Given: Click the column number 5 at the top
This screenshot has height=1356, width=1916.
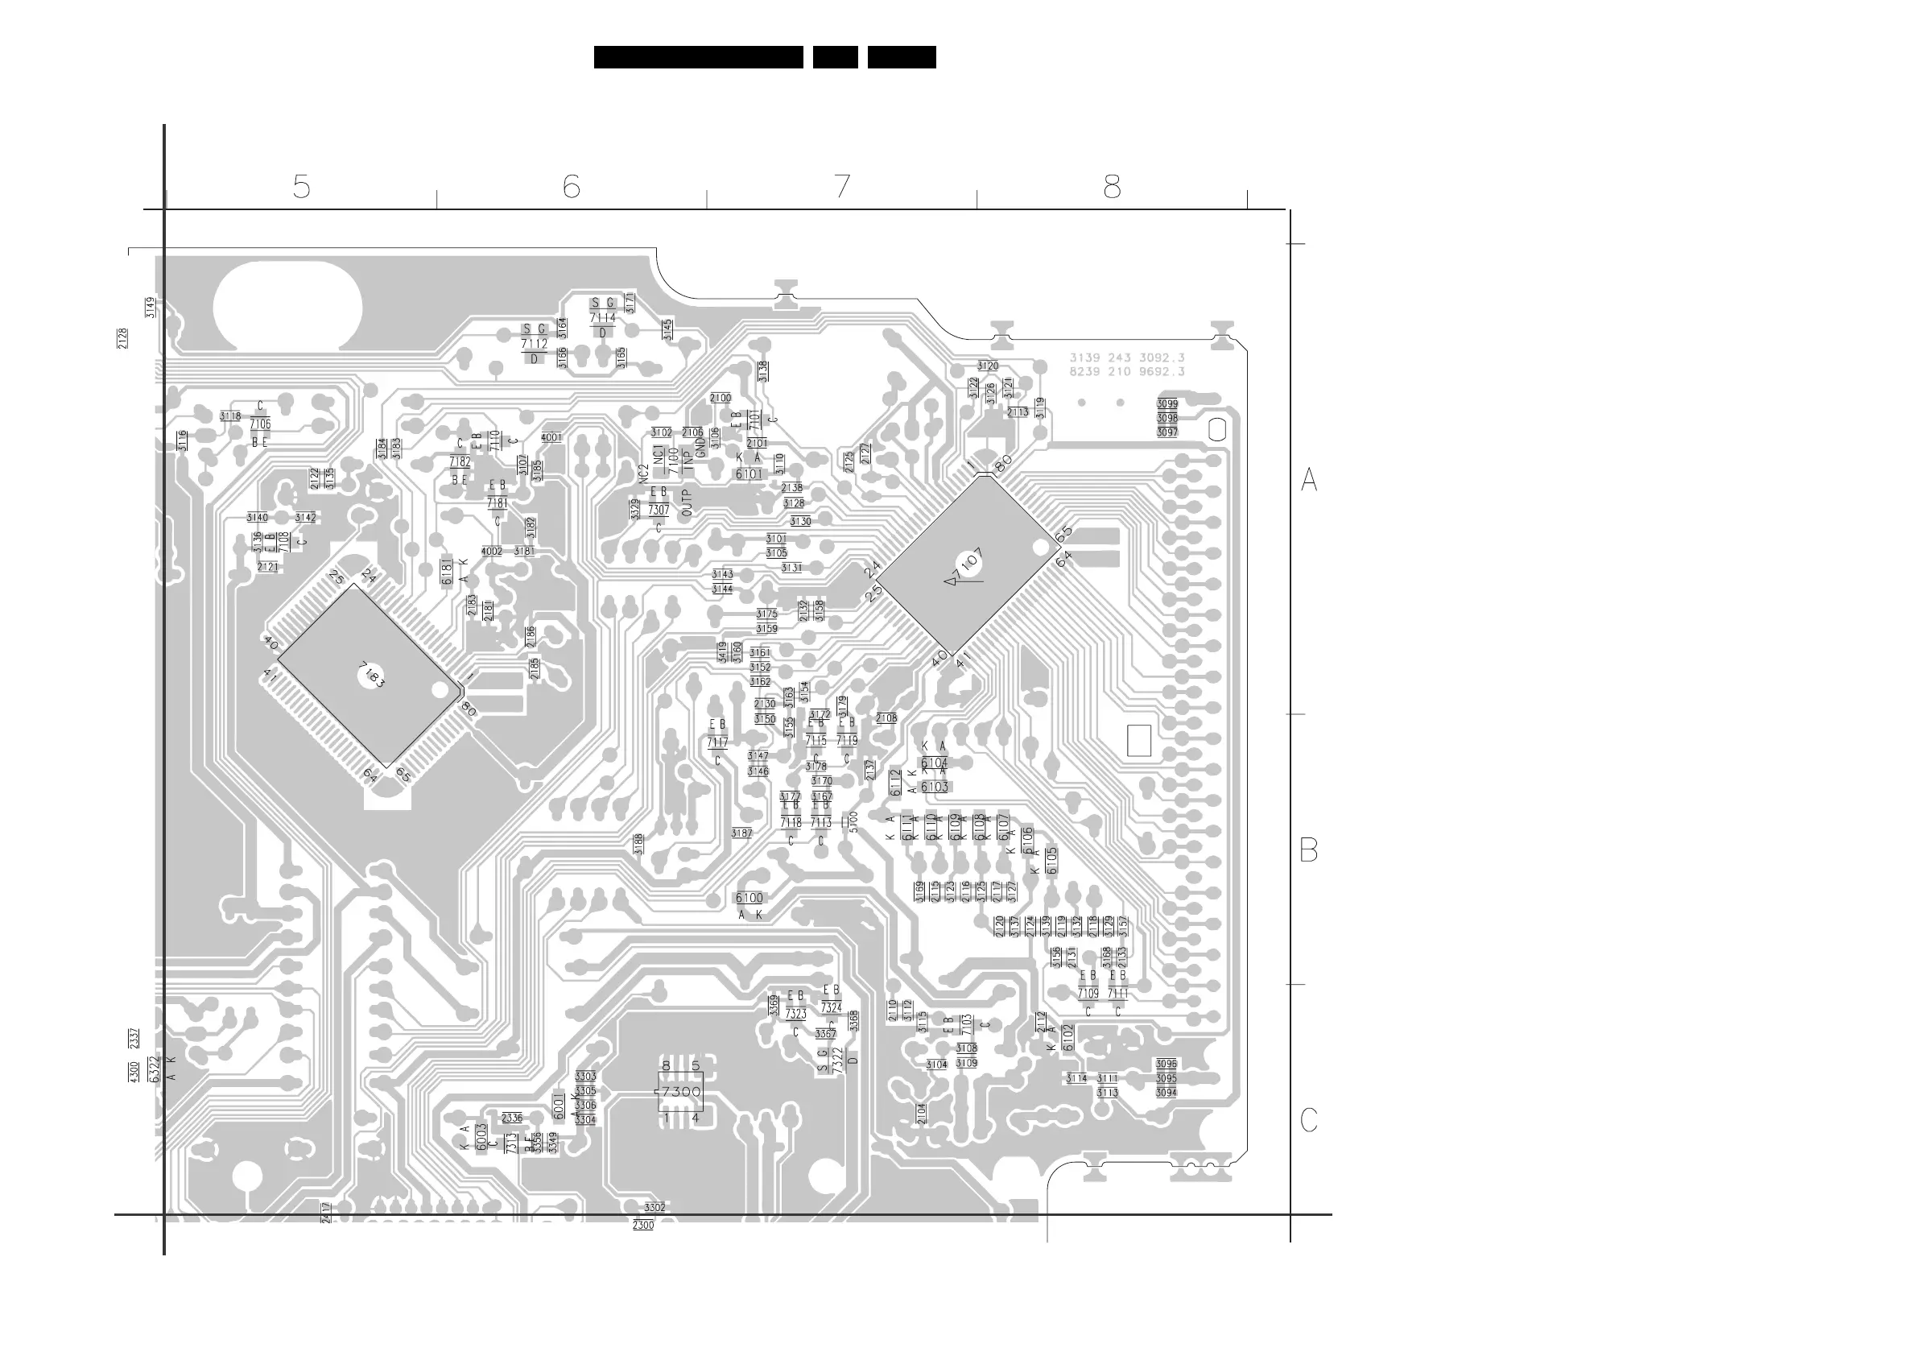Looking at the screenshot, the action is pyautogui.click(x=301, y=187).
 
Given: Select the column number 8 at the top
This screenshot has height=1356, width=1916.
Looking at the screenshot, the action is pyautogui.click(x=1112, y=187).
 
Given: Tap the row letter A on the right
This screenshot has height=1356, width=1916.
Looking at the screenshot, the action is pyautogui.click(x=1309, y=480).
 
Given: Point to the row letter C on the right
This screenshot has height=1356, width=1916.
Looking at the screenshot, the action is pyautogui.click(x=1309, y=1120).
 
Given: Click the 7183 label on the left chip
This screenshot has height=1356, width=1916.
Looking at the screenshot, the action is pyautogui.click(x=373, y=675).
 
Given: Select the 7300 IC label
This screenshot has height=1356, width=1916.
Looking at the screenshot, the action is pyautogui.click(x=680, y=1091).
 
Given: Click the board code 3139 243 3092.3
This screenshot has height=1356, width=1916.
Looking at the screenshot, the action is pyautogui.click(x=1127, y=358).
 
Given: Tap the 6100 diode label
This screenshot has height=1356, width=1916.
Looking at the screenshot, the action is pyautogui.click(x=749, y=898).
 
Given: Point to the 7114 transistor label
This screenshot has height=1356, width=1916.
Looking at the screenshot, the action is pyautogui.click(x=603, y=318).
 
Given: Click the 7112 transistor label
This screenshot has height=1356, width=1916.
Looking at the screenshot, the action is pyautogui.click(x=535, y=344).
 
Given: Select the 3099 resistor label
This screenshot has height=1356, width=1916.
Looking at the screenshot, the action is pyautogui.click(x=1167, y=404).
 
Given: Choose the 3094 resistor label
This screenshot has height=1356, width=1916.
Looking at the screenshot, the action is pyautogui.click(x=1167, y=1092).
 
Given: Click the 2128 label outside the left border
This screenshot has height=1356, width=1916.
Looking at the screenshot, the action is pyautogui.click(x=122, y=338).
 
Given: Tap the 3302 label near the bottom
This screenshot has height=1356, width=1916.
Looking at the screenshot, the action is pyautogui.click(x=654, y=1207).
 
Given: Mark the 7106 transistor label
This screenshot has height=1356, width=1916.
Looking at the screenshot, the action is pyautogui.click(x=261, y=424).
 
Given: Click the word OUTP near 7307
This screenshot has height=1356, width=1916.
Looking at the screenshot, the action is pyautogui.click(x=687, y=502).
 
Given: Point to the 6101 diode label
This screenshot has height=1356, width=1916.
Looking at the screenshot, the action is pyautogui.click(x=749, y=474).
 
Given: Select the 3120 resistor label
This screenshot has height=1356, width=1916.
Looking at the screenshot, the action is pyautogui.click(x=988, y=366).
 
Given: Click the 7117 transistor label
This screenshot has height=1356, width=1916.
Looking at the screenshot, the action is pyautogui.click(x=717, y=742).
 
